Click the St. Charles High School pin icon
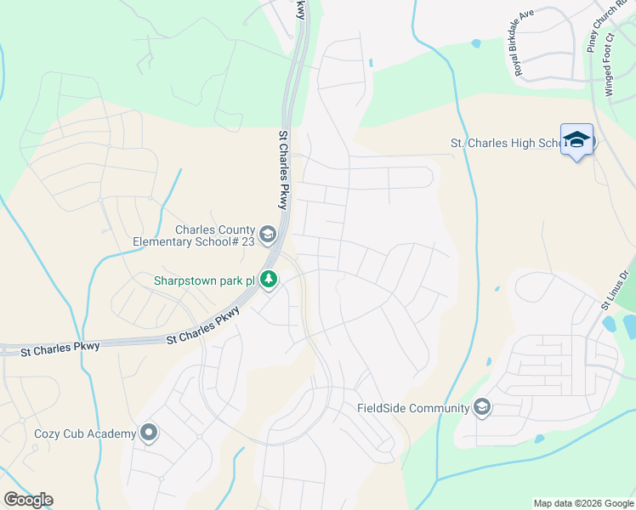576,140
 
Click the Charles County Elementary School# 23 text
193,235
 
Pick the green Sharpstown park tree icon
269,279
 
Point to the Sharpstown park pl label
204,280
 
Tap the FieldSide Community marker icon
483,408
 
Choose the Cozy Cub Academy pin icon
149,433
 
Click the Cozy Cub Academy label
85,433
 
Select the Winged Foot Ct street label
611,71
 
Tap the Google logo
28,500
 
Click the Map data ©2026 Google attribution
582,503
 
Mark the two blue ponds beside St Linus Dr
619,325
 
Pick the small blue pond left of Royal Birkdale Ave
475,42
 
